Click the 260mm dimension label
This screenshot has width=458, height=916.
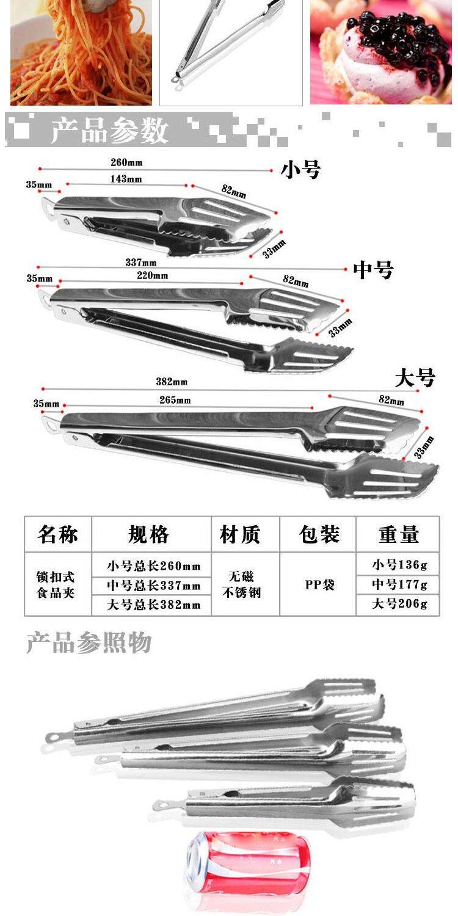pos(126,163)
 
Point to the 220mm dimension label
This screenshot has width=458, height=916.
pos(152,276)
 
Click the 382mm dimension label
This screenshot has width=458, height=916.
pos(172,382)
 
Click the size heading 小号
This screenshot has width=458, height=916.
pos(300,170)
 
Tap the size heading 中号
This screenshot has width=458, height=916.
pos(373,269)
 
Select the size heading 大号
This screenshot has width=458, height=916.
pos(415,378)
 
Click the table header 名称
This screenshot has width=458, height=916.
pos(57,534)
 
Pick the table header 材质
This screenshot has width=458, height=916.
pos(240,534)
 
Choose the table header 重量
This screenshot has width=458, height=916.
pos(398,534)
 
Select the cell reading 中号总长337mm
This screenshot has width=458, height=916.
pos(153,586)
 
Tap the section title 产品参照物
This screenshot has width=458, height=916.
pos(89,644)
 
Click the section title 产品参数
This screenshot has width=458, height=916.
pos(110,130)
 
